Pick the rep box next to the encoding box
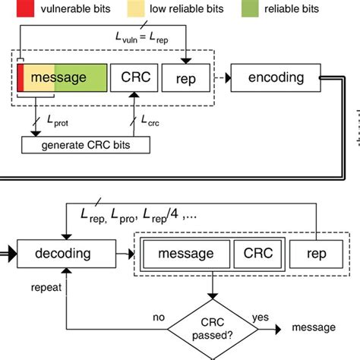coord(186,77)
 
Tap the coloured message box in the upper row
coord(62,77)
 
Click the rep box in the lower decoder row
coord(314,253)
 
